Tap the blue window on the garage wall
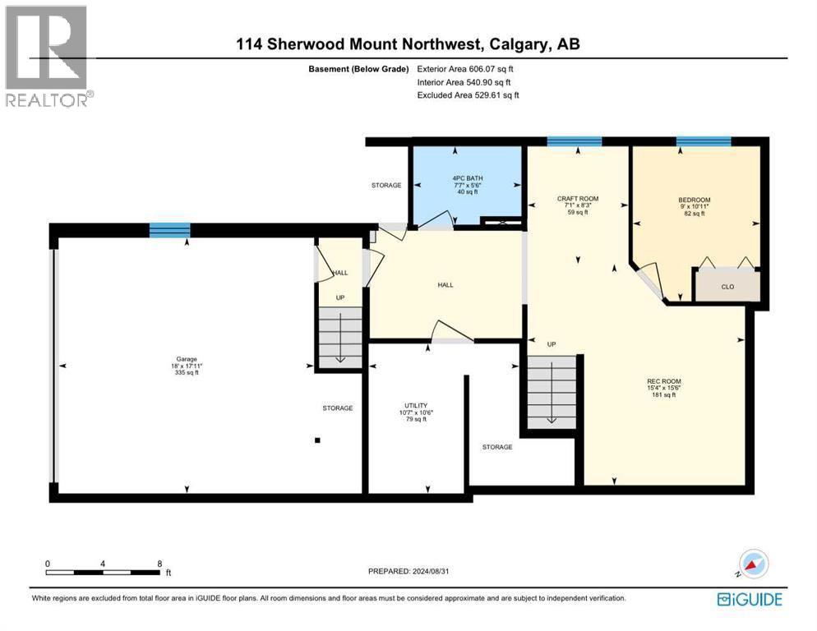pyautogui.click(x=169, y=230)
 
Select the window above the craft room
pyautogui.click(x=574, y=142)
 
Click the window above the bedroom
pyautogui.click(x=703, y=142)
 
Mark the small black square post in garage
pyautogui.click(x=317, y=440)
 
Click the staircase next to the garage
pyautogui.click(x=339, y=337)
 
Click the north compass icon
pyautogui.click(x=753, y=564)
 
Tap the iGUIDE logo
pyautogui.click(x=750, y=599)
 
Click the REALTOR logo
pyautogui.click(x=47, y=56)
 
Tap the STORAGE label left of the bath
pyautogui.click(x=385, y=186)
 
